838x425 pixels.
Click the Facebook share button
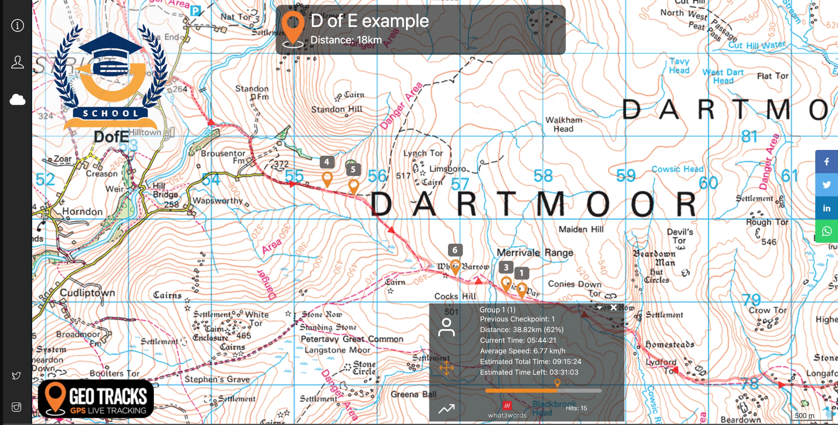[x=826, y=161]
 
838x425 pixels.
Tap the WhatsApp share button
[x=826, y=231]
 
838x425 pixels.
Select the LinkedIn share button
[x=826, y=208]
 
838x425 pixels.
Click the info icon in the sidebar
[x=17, y=26]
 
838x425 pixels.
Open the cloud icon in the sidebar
[x=17, y=100]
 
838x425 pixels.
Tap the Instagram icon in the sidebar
[x=16, y=407]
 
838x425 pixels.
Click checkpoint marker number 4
[x=327, y=179]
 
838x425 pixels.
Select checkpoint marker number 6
[x=455, y=267]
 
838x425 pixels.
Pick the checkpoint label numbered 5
[x=353, y=169]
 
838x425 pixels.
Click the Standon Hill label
[x=337, y=109]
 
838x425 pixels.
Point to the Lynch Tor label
[x=423, y=153]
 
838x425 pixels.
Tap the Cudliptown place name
[x=87, y=293]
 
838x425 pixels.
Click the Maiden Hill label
[x=581, y=229]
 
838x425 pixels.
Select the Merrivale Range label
[x=535, y=253]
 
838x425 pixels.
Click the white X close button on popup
[x=613, y=307]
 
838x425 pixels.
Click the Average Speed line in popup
[x=522, y=351]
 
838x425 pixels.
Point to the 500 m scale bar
[x=804, y=415]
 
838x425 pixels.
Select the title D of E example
[x=369, y=21]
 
